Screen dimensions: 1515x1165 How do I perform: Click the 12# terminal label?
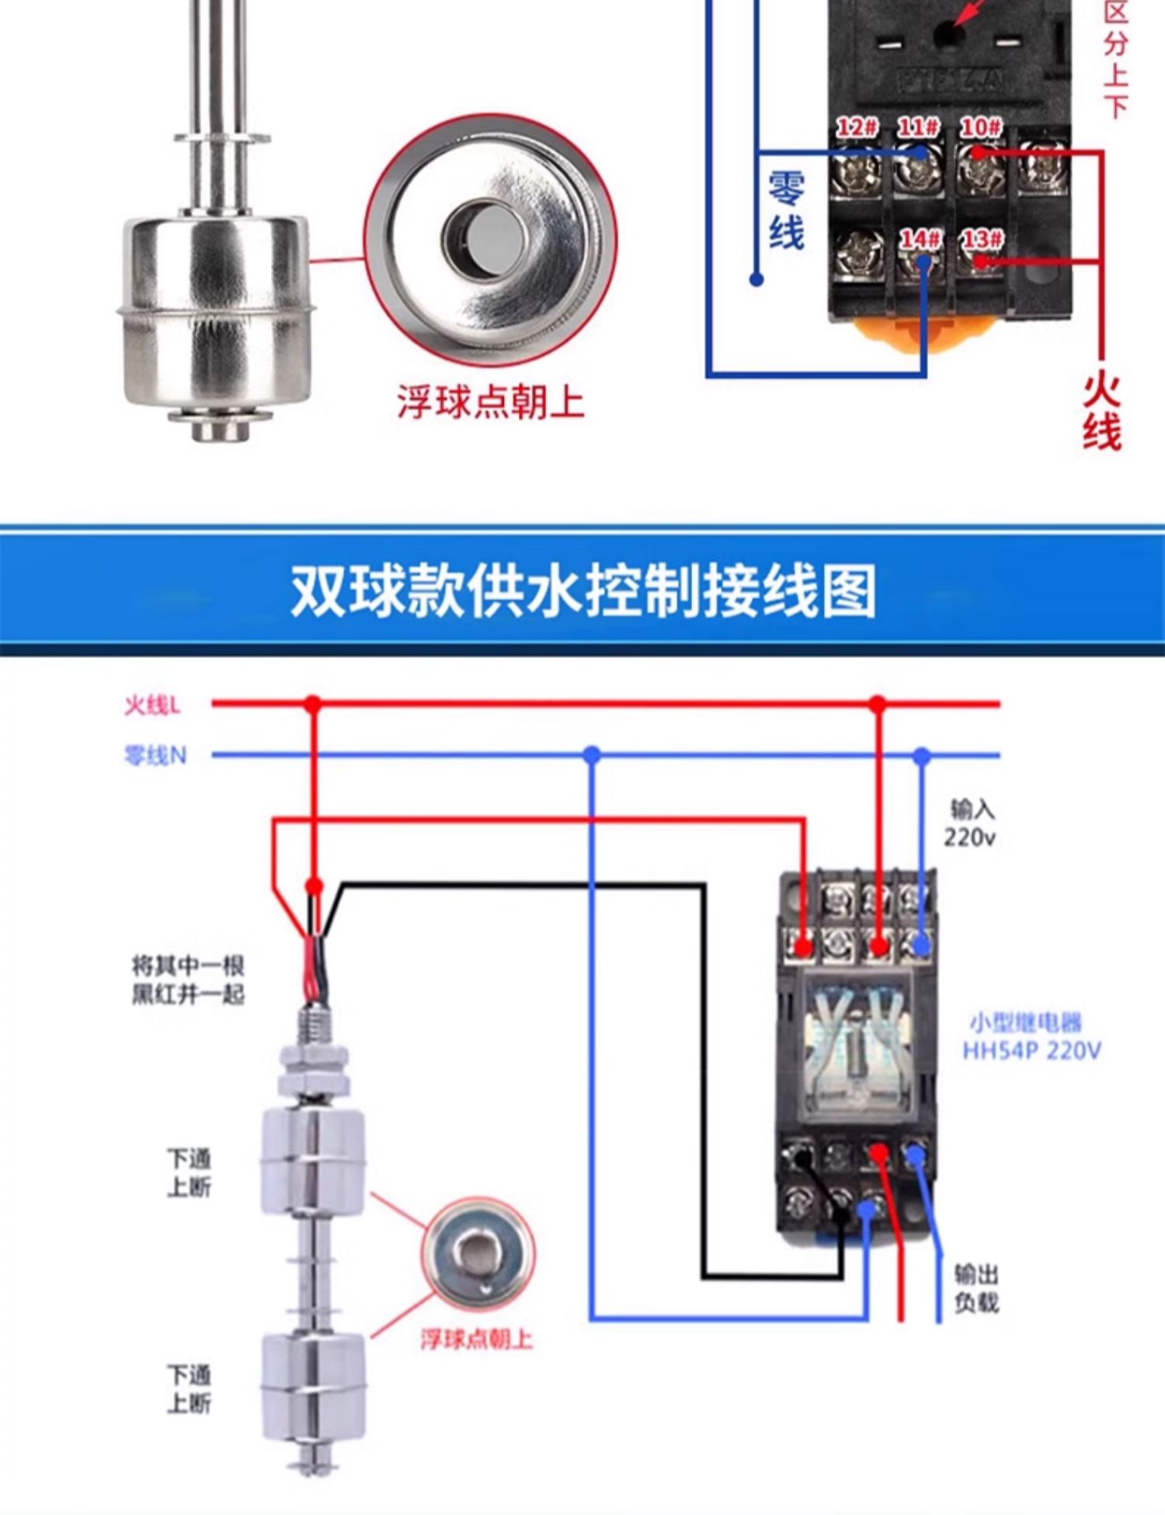click(x=857, y=127)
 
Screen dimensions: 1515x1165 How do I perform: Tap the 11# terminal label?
click(x=918, y=127)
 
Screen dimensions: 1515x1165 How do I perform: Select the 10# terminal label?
click(x=980, y=127)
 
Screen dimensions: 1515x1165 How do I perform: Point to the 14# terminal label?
click(x=920, y=239)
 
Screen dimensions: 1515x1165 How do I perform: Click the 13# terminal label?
click(x=981, y=239)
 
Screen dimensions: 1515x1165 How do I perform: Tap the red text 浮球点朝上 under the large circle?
click(x=490, y=402)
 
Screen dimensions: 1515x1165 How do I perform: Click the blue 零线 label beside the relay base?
click(x=786, y=211)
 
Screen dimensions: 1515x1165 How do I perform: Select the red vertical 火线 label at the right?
click(x=1102, y=412)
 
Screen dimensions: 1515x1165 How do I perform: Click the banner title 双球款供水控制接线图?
click(x=582, y=590)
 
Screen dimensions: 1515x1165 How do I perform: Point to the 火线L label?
click(x=152, y=705)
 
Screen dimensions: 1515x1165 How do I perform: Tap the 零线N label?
click(x=155, y=755)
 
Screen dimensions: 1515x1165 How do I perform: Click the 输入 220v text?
click(x=971, y=824)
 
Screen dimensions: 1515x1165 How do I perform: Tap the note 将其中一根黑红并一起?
click(x=188, y=980)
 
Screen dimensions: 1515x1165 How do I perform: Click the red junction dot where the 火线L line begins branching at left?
click(x=312, y=705)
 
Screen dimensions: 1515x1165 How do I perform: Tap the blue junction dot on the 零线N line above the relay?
click(x=922, y=755)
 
